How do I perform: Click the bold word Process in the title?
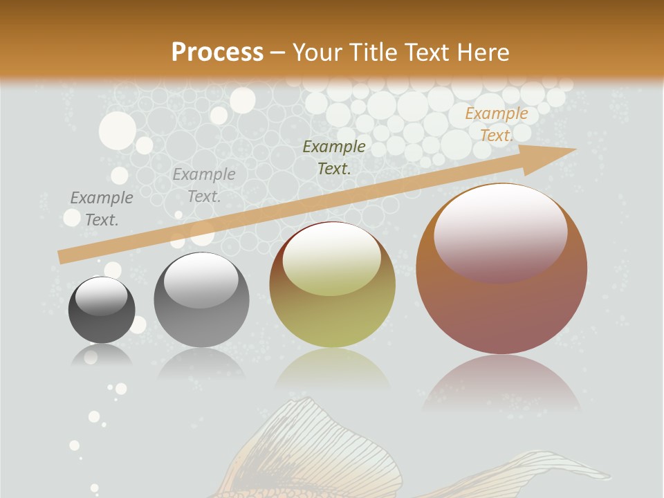point(217,52)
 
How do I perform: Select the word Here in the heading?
point(481,52)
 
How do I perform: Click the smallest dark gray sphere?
point(102,310)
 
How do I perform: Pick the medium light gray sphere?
point(201,299)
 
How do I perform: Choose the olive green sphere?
point(332,284)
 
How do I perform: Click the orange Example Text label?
point(496,124)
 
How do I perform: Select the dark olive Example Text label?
point(334,157)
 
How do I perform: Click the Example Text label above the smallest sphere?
point(102,208)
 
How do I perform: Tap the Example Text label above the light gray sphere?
point(204,185)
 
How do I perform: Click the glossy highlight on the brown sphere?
point(500,232)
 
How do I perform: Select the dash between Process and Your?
point(278,53)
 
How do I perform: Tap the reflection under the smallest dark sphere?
point(102,356)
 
